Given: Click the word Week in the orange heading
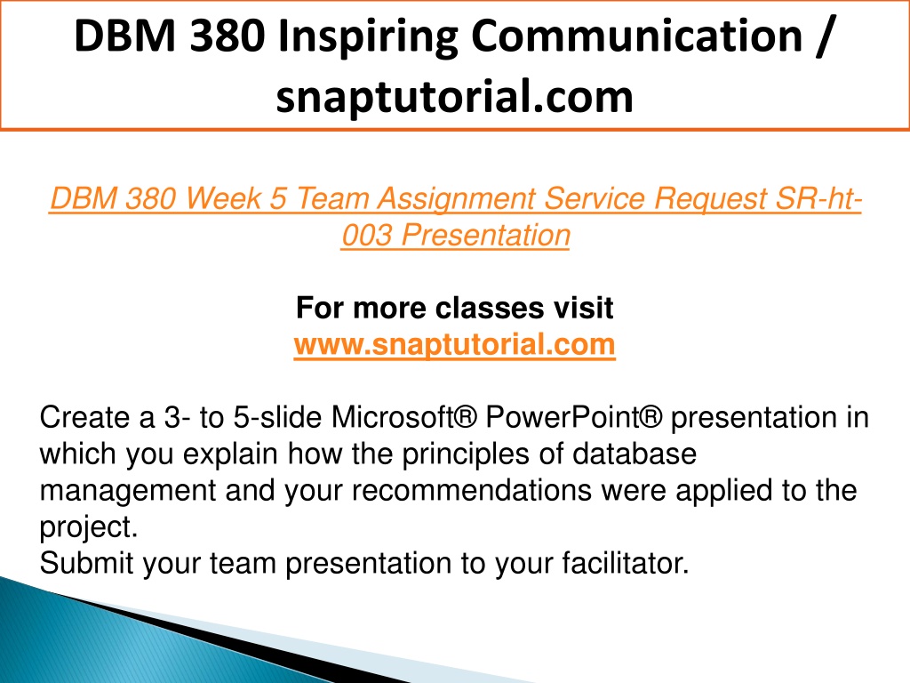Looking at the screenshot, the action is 223,198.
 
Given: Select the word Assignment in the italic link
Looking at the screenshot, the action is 456,199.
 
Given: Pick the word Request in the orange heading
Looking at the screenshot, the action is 710,200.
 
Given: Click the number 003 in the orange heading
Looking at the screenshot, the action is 366,236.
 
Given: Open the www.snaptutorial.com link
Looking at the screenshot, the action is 454,345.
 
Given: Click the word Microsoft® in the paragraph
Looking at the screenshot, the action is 404,418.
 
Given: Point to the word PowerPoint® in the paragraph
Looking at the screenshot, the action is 574,418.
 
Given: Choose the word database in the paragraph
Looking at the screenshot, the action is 635,454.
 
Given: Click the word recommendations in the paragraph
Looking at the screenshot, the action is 472,491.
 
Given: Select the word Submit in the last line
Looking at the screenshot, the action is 86,564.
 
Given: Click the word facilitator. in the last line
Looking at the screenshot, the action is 626,564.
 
